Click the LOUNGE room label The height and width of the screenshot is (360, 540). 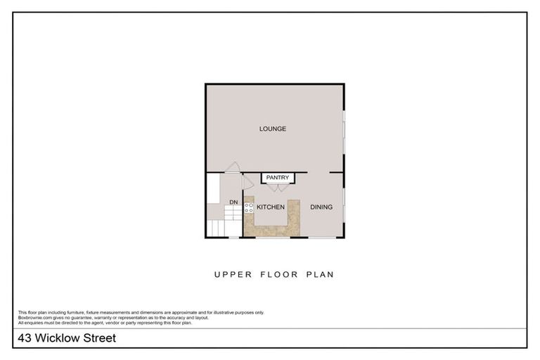click(273, 129)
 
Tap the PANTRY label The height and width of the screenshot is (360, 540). click(278, 178)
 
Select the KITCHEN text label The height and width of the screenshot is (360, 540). click(270, 207)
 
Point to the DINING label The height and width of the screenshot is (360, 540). click(321, 207)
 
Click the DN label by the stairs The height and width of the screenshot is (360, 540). click(233, 203)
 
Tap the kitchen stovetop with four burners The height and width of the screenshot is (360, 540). click(248, 207)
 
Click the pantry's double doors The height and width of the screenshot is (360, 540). click(277, 187)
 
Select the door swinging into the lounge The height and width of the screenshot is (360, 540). click(232, 167)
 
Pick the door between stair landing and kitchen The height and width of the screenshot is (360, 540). click(247, 182)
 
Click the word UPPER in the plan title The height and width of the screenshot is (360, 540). click(231, 275)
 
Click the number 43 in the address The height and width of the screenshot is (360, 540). click(24, 339)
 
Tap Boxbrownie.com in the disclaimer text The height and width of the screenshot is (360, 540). click(34, 317)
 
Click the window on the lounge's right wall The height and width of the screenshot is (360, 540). click(345, 134)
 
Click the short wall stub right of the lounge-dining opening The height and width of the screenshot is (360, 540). click(337, 172)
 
